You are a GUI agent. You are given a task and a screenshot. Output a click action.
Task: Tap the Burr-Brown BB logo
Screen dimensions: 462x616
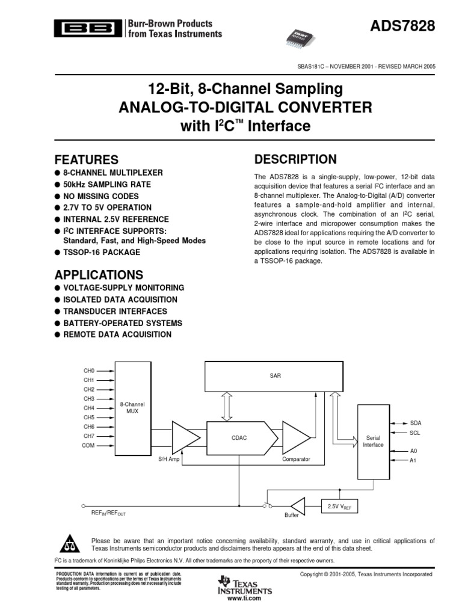pos(87,28)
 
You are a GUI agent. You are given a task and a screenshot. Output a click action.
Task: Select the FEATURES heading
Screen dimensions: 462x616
pos(87,160)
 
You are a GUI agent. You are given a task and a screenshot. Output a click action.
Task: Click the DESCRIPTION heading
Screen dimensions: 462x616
pos(295,159)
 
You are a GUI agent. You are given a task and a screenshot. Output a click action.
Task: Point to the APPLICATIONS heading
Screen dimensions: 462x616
pos(99,275)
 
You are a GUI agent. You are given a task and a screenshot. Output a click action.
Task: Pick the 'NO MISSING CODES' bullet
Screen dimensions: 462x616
pos(100,196)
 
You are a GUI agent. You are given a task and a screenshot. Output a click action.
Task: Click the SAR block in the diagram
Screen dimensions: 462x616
pos(276,376)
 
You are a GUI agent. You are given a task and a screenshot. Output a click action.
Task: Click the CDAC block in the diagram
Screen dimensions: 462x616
pos(239,438)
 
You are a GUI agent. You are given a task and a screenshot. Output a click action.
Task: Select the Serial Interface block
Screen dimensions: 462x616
pos(373,442)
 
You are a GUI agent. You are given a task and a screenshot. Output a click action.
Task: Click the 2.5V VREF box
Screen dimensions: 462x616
pos(340,507)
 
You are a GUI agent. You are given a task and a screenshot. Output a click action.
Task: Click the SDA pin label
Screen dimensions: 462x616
pos(416,423)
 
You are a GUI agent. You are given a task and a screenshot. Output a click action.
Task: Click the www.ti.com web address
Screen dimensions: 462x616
pos(244,599)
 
